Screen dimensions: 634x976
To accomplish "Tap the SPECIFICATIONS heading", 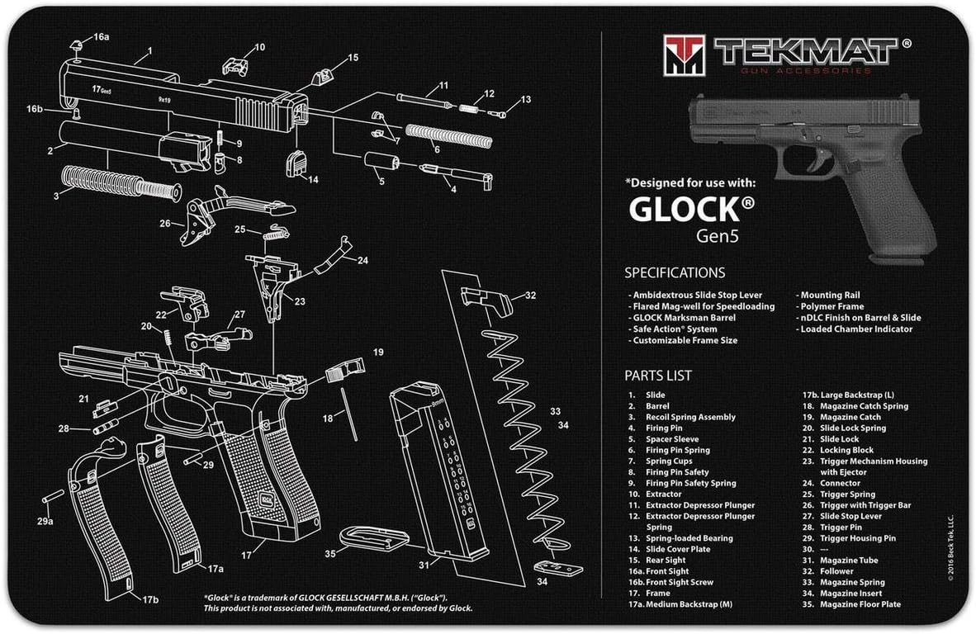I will (x=675, y=272).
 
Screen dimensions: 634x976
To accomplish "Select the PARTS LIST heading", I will (x=658, y=376).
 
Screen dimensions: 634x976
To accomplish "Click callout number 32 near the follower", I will (x=529, y=296).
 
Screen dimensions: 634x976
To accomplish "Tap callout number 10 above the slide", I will (x=259, y=47).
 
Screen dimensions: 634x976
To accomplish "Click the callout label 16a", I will (x=101, y=37).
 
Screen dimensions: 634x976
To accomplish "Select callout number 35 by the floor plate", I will (x=330, y=554).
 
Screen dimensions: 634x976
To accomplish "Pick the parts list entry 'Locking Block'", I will (x=848, y=450).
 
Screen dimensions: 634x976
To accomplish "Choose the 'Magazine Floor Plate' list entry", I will (x=860, y=604).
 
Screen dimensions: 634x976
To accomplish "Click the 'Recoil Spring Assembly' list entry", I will (x=690, y=417).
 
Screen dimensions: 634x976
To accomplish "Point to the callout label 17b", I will (x=149, y=599).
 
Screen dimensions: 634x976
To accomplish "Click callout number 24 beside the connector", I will (x=362, y=260).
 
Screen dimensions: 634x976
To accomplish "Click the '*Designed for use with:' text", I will (x=689, y=183).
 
